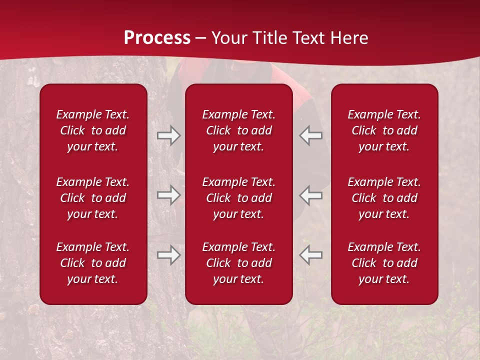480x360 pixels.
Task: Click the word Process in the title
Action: [157, 38]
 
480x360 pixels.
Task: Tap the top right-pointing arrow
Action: [168, 135]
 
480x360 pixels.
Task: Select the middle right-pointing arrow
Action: [168, 195]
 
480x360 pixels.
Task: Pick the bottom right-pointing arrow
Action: [168, 254]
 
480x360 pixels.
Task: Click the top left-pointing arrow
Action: [311, 135]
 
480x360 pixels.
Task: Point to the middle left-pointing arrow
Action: [311, 195]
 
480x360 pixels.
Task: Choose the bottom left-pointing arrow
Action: [311, 254]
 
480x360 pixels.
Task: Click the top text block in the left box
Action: [93, 130]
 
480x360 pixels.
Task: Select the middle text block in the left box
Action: [93, 198]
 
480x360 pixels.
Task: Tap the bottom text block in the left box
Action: [93, 263]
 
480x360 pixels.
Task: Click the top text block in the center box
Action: [238, 130]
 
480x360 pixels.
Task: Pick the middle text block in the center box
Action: [238, 198]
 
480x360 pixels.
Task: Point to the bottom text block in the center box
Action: [238, 263]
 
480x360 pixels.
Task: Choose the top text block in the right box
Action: [384, 130]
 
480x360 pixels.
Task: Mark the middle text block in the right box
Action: [384, 198]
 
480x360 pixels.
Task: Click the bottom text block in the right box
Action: [384, 263]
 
